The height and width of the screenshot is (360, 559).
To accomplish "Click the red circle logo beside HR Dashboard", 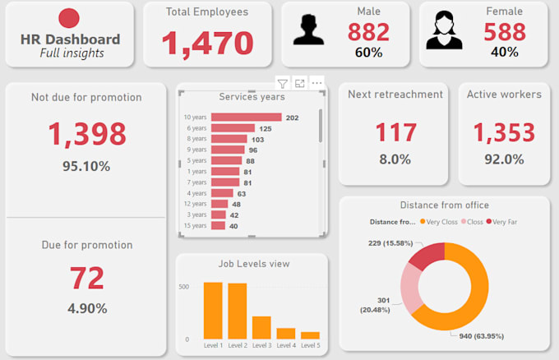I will (70, 18).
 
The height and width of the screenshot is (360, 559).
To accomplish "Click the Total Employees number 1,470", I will (206, 44).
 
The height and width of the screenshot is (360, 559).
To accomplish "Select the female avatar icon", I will (444, 30).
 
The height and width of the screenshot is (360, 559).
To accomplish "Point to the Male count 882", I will (368, 32).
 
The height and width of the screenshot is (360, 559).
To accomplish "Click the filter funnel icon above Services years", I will (282, 83).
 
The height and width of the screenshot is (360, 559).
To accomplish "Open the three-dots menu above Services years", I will (317, 83).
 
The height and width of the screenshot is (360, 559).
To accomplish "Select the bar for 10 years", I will (246, 118).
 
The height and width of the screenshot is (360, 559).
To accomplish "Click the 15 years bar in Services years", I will (218, 225).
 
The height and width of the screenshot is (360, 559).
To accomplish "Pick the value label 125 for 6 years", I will (265, 128).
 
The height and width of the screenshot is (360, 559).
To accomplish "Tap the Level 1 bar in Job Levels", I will (213, 310).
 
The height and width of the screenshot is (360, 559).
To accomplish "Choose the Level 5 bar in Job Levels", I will (310, 335).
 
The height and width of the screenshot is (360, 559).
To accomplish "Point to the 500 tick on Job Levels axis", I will (184, 287).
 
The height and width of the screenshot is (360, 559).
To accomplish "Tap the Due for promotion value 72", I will (86, 278).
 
